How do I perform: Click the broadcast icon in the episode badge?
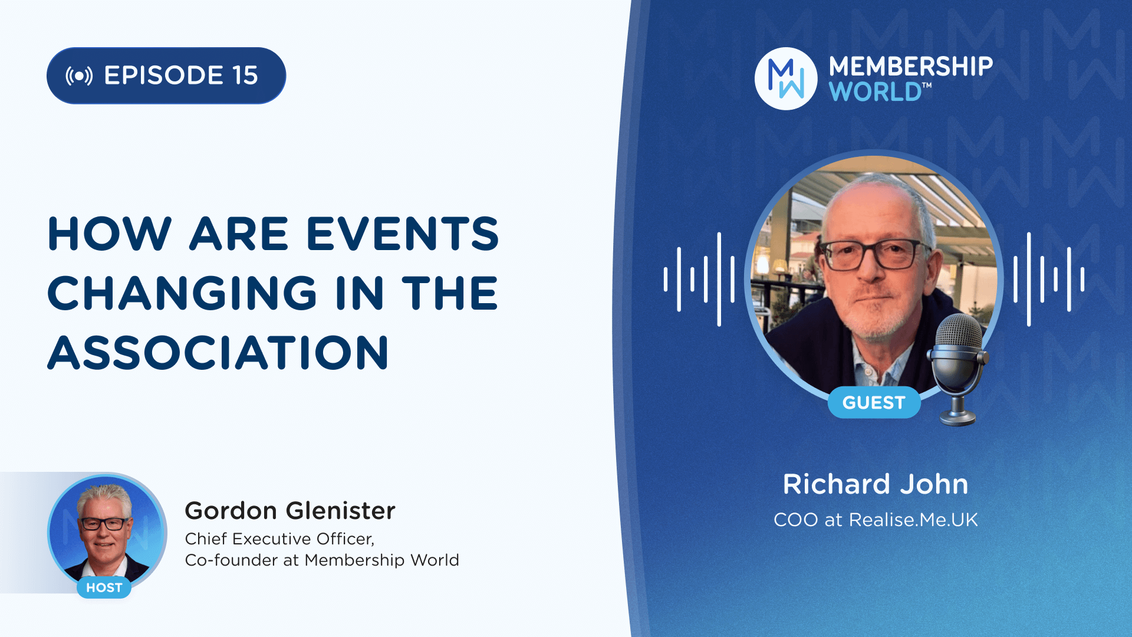(79, 76)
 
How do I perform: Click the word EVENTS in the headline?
(403, 234)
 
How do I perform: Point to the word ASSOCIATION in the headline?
(218, 353)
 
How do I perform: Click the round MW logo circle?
(786, 78)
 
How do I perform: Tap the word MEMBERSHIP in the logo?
(911, 67)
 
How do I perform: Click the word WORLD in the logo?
(876, 92)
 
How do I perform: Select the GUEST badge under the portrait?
(874, 402)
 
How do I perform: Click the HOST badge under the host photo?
(104, 587)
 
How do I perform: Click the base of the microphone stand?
(958, 418)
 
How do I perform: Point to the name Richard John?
(876, 484)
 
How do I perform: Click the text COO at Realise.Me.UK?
(876, 520)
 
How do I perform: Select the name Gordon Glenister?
(290, 511)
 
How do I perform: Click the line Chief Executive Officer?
(279, 539)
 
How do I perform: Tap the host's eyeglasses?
(104, 523)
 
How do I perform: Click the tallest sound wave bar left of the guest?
(719, 279)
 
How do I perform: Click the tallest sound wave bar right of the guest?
(1029, 279)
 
